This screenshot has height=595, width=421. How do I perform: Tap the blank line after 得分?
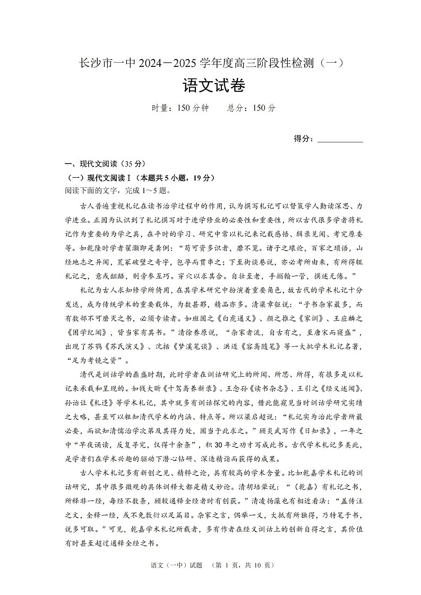tap(340, 139)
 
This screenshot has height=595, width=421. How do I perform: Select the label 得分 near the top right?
tap(302, 139)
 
